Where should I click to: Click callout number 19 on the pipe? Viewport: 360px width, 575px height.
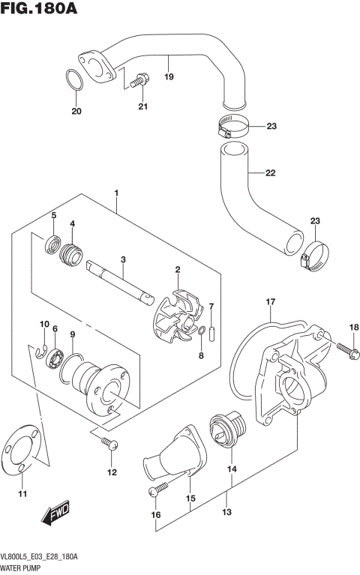(169, 78)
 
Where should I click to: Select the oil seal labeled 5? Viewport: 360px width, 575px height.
(53, 243)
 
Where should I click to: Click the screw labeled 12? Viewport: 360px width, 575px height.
(110, 445)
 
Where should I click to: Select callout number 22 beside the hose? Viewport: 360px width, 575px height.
(270, 173)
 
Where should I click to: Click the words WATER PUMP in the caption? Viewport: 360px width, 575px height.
(22, 568)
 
